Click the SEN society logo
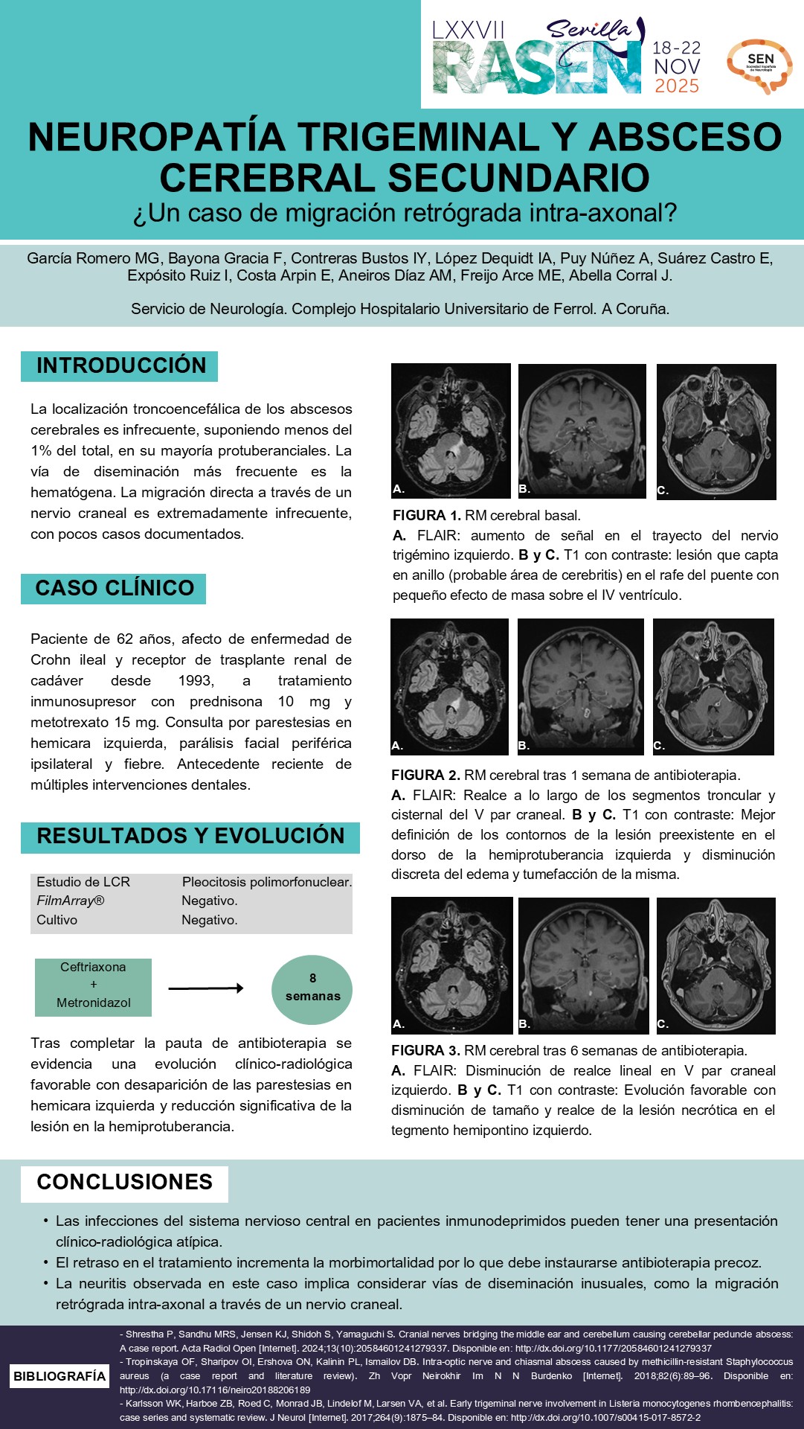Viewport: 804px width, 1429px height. [759, 65]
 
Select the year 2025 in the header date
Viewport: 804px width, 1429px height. [676, 86]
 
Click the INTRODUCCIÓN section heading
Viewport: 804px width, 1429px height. [120, 365]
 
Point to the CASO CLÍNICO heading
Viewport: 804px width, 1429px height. [114, 588]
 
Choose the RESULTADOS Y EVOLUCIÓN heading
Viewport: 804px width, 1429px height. [190, 836]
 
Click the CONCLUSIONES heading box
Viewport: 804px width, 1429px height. [124, 1182]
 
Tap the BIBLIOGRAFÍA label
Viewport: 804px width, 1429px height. [60, 1376]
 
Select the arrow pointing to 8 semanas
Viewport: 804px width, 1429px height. [205, 988]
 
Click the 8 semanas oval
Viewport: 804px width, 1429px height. [312, 988]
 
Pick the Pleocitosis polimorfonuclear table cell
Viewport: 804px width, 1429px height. [266, 882]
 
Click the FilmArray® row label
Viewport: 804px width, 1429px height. [71, 901]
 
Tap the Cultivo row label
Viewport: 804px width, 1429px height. [57, 920]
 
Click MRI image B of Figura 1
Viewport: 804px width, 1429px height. [582, 430]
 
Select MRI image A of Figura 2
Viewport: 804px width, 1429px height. [450, 686]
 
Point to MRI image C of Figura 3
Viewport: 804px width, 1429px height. [715, 965]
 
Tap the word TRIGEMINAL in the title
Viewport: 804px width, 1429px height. [419, 138]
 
